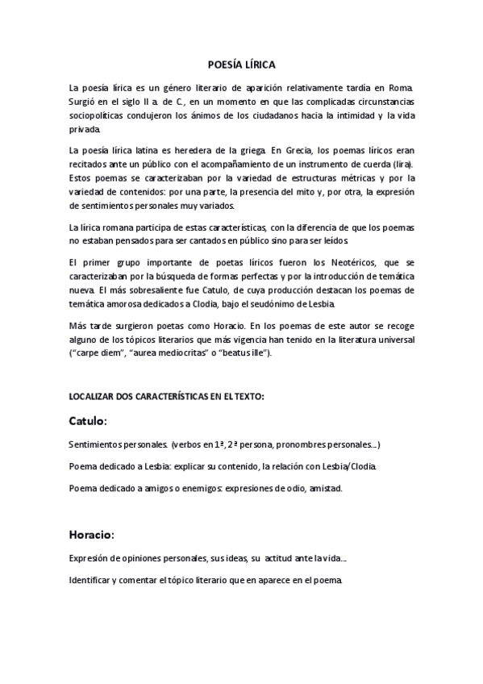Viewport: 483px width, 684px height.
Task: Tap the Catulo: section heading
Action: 88,421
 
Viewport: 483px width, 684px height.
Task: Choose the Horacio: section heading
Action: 91,534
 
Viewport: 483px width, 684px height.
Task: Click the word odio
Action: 286,488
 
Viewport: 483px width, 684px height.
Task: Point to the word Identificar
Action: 94,580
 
